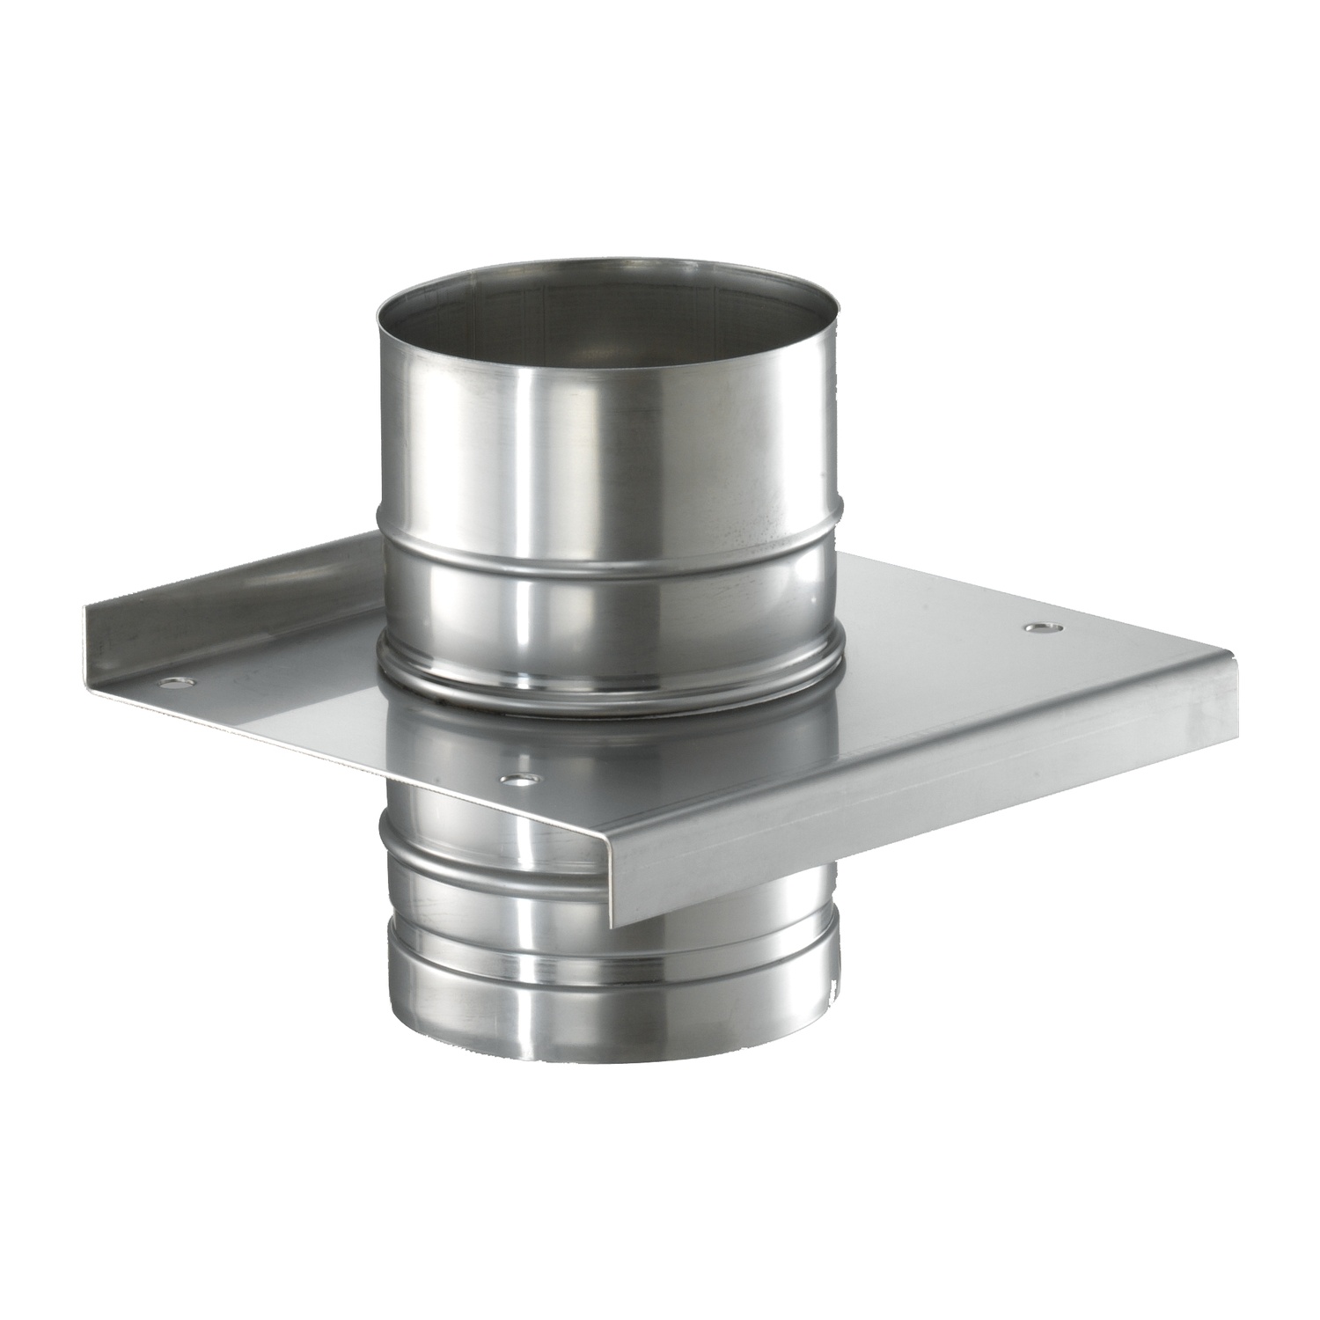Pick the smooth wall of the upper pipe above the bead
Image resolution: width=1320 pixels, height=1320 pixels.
click(607, 440)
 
